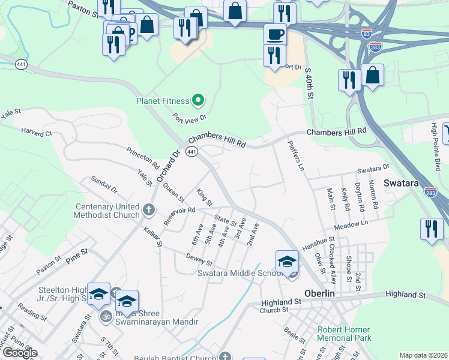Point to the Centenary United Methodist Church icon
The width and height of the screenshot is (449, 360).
pos(149,211)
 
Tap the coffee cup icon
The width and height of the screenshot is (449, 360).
pos(275,34)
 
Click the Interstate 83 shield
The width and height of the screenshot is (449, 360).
pos(367,34)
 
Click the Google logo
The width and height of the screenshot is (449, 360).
pos(19,353)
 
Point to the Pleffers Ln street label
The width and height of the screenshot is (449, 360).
pos(292,155)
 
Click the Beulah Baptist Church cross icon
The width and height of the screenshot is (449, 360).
pos(226,356)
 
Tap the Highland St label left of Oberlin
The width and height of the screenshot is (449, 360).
pos(280,301)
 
